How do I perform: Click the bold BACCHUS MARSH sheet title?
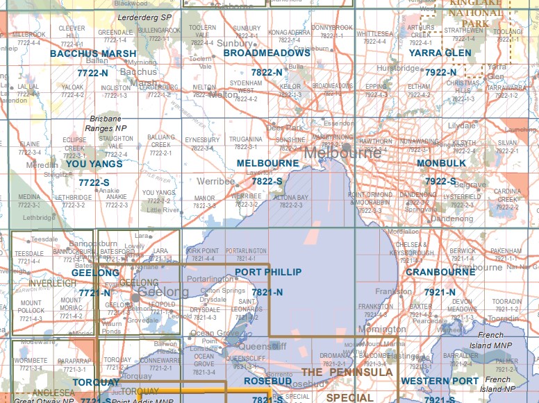pyautogui.click(x=93, y=53)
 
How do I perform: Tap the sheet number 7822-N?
pyautogui.click(x=267, y=72)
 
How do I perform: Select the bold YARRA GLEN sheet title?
pyautogui.click(x=440, y=53)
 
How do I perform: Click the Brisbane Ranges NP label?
pyautogui.click(x=106, y=123)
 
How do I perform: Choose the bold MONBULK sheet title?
pyautogui.click(x=441, y=163)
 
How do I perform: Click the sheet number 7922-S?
pyautogui.click(x=440, y=182)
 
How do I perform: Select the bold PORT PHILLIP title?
pyautogui.click(x=268, y=273)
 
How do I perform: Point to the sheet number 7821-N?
pyautogui.click(x=267, y=293)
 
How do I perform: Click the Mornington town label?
pyautogui.click(x=382, y=330)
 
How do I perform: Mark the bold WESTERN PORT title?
pyautogui.click(x=440, y=381)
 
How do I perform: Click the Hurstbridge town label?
pyautogui.click(x=399, y=69)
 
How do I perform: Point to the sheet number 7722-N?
pyautogui.click(x=93, y=72)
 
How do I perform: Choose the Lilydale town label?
pyautogui.click(x=462, y=126)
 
